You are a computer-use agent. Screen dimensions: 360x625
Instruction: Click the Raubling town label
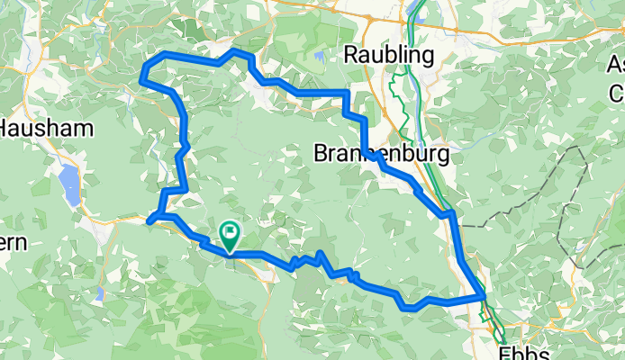click(389, 55)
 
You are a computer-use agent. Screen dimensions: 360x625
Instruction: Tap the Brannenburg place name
click(381, 154)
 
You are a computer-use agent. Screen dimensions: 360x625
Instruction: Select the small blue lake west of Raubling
click(322, 58)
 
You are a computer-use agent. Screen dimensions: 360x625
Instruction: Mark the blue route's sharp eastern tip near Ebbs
click(485, 296)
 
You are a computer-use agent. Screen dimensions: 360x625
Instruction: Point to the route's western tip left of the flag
click(148, 219)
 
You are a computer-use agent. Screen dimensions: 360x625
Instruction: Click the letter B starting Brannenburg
click(322, 154)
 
